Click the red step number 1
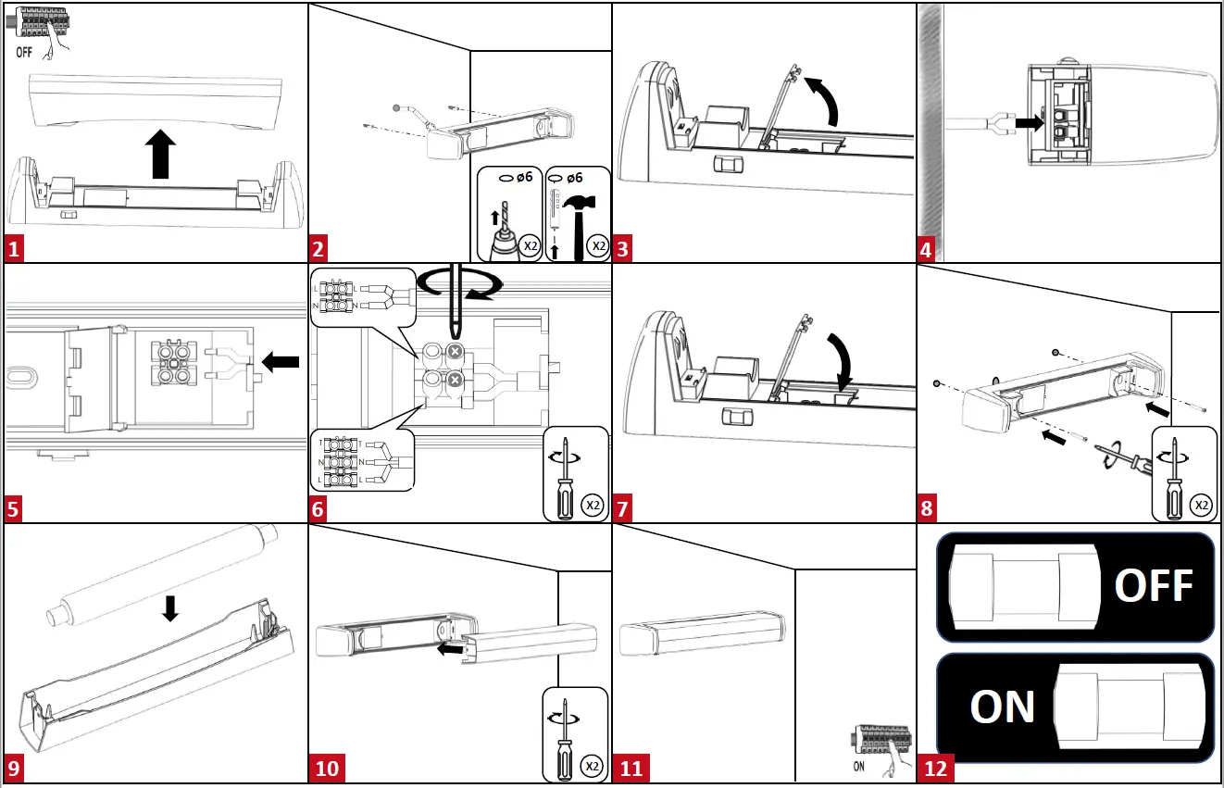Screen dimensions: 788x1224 tap(13, 249)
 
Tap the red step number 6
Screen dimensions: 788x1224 tap(318, 508)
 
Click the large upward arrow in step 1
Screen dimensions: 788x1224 tap(161, 154)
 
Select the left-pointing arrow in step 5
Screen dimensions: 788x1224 tap(281, 363)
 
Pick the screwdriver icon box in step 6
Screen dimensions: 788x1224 tap(575, 474)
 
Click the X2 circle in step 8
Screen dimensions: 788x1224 tap(1200, 505)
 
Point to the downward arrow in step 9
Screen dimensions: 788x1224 tap(169, 608)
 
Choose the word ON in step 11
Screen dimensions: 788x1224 tap(858, 766)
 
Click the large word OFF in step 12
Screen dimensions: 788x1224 tap(1153, 585)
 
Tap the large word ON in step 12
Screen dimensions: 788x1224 tap(1002, 707)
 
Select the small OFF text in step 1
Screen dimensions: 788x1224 tap(25, 53)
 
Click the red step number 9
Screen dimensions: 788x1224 tap(13, 769)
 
